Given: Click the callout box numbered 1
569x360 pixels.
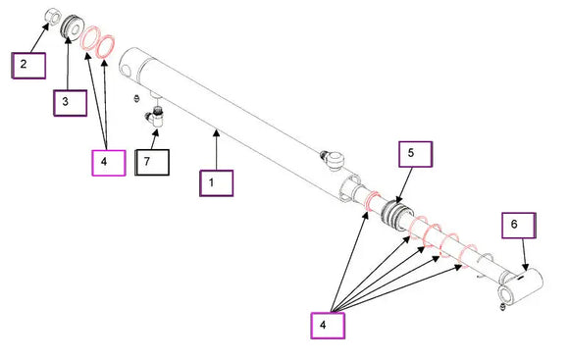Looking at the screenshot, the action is click(x=216, y=183).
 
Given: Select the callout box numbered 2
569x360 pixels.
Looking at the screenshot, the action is click(x=28, y=66).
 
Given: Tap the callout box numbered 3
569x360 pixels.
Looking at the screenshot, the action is click(x=71, y=103).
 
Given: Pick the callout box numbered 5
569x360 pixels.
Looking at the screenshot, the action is click(x=416, y=154).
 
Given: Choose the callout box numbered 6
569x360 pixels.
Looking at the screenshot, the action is click(x=519, y=226).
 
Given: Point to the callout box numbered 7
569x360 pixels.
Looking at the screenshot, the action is click(x=152, y=163).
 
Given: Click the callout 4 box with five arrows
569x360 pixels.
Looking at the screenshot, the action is click(x=328, y=326).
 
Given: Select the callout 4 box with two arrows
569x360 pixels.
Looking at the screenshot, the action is click(x=109, y=163).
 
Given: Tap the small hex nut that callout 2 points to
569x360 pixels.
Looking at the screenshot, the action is click(x=53, y=17).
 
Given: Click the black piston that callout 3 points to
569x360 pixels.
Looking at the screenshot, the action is click(x=73, y=26).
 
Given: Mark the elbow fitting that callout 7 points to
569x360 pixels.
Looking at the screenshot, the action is click(x=155, y=117).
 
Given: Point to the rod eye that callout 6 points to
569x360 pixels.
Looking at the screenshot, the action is click(x=520, y=285).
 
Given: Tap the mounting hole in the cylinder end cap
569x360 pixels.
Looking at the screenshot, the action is click(x=126, y=70).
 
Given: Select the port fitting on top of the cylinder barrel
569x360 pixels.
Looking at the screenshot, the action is click(x=332, y=159).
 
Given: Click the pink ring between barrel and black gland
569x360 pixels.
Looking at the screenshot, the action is click(x=373, y=201).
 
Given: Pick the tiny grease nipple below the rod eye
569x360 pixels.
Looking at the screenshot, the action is click(x=502, y=307).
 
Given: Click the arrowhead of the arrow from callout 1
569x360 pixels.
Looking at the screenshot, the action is click(x=217, y=133).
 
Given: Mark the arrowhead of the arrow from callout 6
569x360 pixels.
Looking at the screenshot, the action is click(x=525, y=267).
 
